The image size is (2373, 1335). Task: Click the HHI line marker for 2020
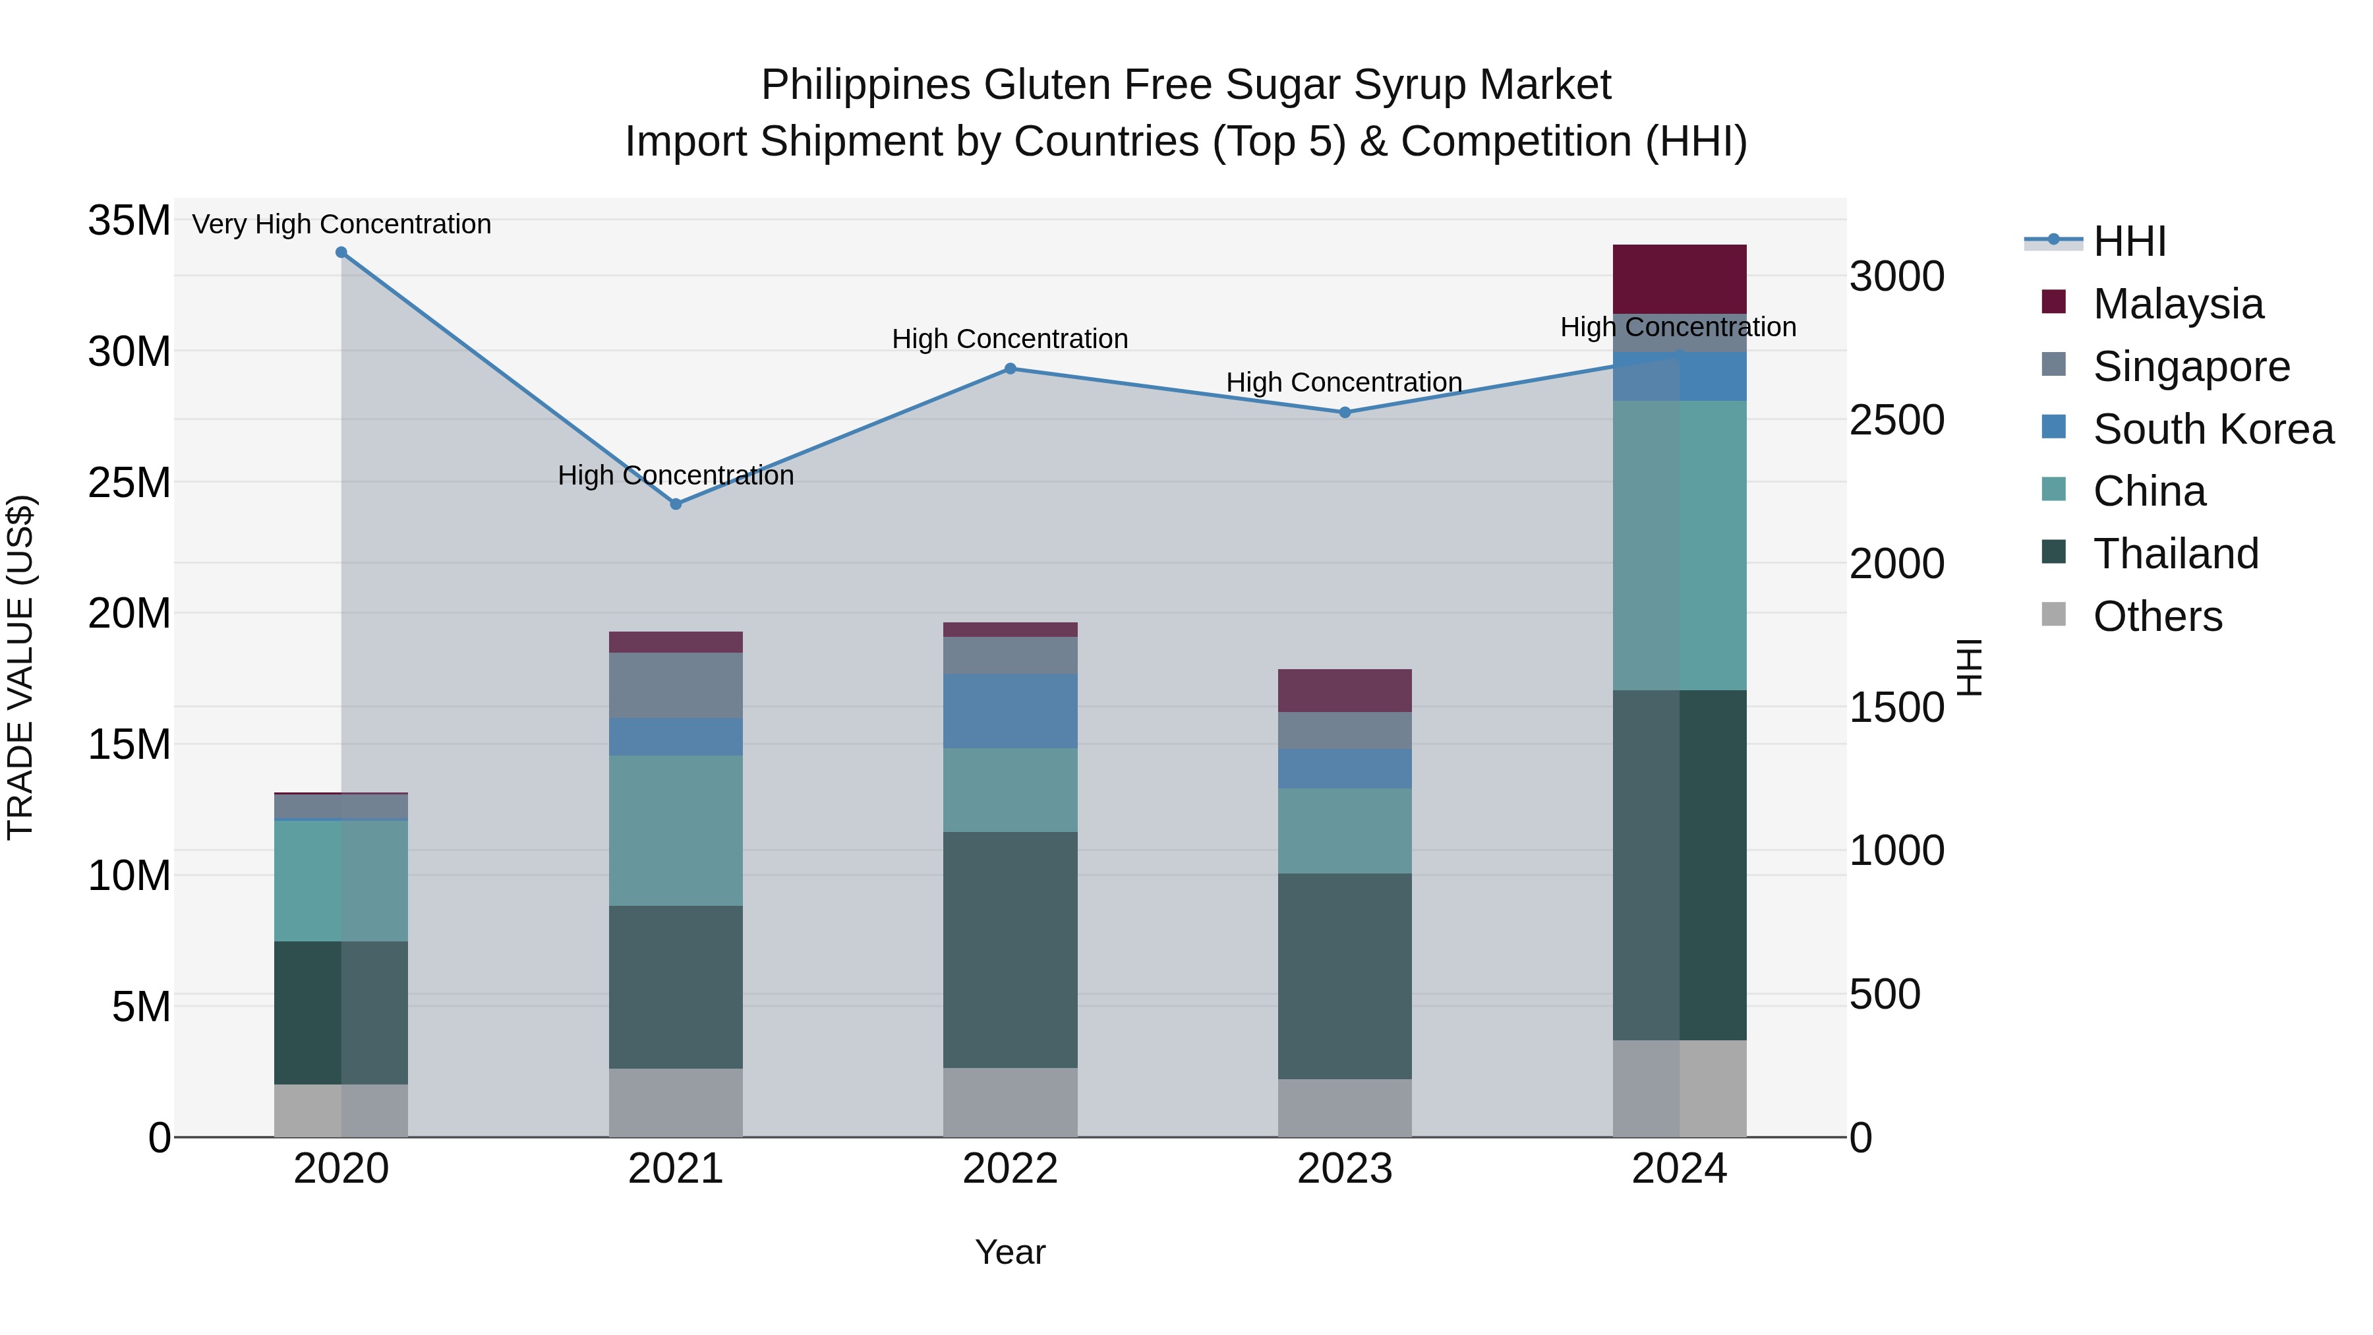point(341,252)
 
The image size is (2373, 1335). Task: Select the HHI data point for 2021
point(675,504)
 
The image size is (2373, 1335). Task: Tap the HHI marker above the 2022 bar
point(1010,369)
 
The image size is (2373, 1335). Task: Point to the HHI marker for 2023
point(1344,413)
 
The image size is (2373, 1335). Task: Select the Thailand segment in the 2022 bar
point(1010,949)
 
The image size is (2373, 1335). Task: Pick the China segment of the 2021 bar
point(675,830)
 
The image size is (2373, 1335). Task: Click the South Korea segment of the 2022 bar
point(1010,710)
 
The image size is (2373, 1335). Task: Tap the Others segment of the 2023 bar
point(1344,1108)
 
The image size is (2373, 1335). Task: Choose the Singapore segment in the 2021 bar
point(675,684)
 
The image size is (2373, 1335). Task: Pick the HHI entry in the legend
point(2128,241)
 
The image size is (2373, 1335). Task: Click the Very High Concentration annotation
point(341,224)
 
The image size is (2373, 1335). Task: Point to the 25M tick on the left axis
point(129,483)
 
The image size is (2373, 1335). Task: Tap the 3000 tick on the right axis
point(1896,276)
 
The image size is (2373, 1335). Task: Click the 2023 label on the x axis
point(1344,1169)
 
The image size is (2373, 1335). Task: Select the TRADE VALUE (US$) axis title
point(20,667)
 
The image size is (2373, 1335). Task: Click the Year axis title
point(1010,1252)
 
